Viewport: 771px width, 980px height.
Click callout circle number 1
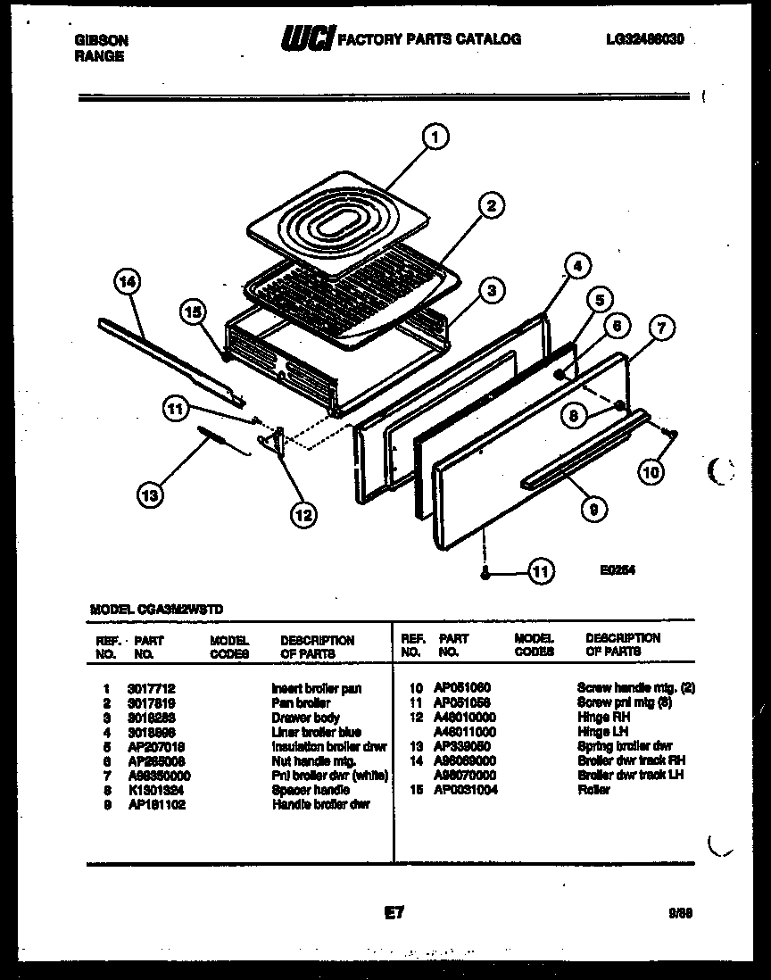point(435,137)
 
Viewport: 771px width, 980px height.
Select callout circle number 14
point(128,283)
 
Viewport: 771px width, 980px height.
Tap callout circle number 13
point(151,494)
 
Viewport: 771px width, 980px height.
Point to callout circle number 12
point(303,513)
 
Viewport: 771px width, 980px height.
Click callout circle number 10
point(652,470)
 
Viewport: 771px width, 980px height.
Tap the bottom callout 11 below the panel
point(541,570)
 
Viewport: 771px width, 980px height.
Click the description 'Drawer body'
point(305,718)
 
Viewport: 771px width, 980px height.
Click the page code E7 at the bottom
point(394,912)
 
